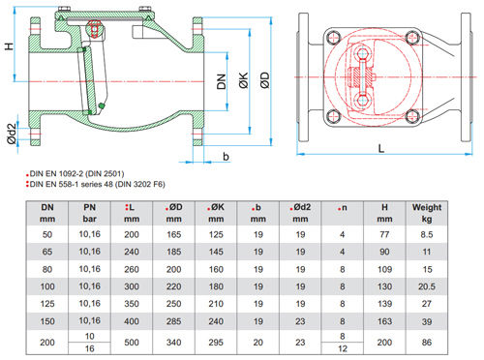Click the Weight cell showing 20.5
[427, 286]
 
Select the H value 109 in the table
[384, 269]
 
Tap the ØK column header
[216, 213]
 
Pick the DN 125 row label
[47, 304]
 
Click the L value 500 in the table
[132, 343]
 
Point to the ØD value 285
[173, 321]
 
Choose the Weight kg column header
[427, 213]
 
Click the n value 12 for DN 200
[343, 348]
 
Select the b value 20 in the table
[258, 343]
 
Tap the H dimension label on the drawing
[10, 45]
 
